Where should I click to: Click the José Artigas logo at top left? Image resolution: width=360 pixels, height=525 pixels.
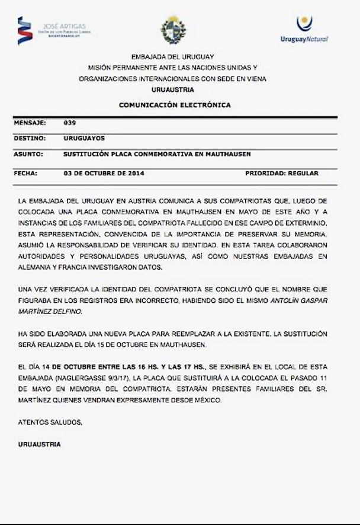coord(52,30)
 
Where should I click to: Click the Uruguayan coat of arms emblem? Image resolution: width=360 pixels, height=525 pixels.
coord(173,29)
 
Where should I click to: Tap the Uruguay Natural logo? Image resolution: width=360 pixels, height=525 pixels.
coord(304,29)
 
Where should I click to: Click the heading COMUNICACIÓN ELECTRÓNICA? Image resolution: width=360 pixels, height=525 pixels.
coord(175,105)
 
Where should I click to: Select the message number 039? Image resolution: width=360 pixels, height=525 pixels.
coord(69,123)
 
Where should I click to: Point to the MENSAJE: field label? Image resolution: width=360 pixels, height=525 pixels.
coord(30,123)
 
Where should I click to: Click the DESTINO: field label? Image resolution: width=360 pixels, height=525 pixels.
coord(30,138)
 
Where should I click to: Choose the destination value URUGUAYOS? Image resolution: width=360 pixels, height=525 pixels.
coord(84,138)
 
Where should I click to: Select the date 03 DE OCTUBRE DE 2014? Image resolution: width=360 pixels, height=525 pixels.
coord(104,174)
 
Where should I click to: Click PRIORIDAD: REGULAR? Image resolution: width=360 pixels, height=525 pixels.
coord(282,174)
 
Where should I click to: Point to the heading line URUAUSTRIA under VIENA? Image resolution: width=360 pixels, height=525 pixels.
coord(172,89)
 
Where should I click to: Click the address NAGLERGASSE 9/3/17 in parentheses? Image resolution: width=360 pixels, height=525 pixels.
coord(97,377)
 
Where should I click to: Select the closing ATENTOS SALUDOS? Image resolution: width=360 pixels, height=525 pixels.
coord(50,422)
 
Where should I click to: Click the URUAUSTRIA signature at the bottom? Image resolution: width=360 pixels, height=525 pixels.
coord(39,444)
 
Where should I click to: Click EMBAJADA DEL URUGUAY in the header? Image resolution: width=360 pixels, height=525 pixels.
coord(172,56)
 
